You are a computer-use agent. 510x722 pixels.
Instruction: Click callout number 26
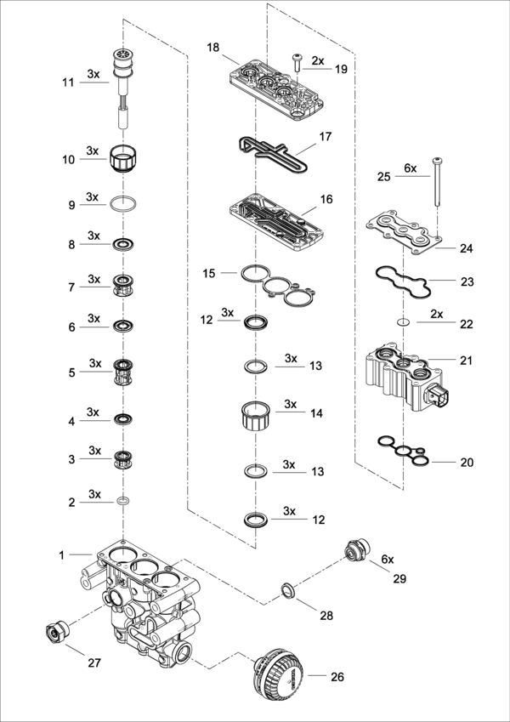click(338, 678)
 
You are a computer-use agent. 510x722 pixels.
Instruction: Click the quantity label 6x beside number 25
click(410, 168)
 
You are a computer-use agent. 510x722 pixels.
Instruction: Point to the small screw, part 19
click(297, 62)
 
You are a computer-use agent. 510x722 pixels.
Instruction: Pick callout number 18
click(212, 48)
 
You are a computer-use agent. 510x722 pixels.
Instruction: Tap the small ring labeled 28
click(288, 589)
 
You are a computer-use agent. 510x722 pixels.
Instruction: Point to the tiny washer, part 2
click(124, 503)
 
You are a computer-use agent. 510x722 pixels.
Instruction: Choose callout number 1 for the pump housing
click(62, 554)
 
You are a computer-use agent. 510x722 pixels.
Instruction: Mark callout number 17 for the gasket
click(326, 136)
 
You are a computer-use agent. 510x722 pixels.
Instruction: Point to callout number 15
click(209, 273)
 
